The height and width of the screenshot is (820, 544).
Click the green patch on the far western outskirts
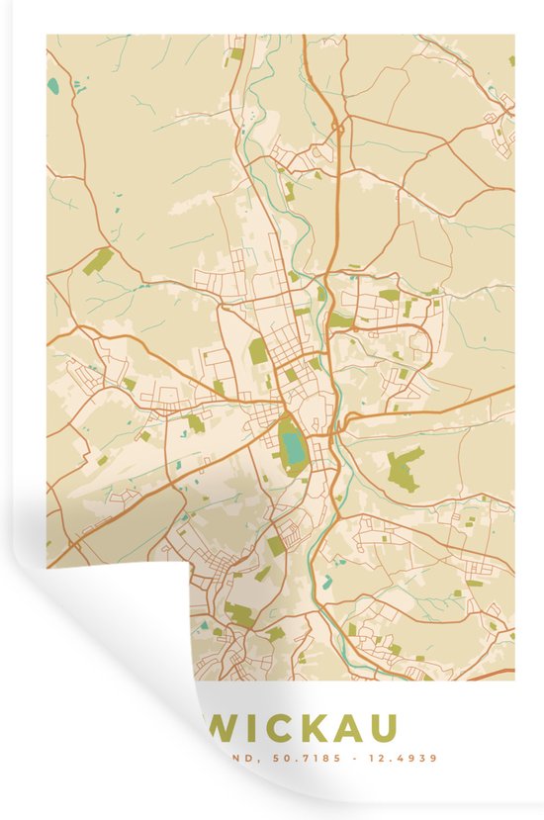[98, 261]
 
